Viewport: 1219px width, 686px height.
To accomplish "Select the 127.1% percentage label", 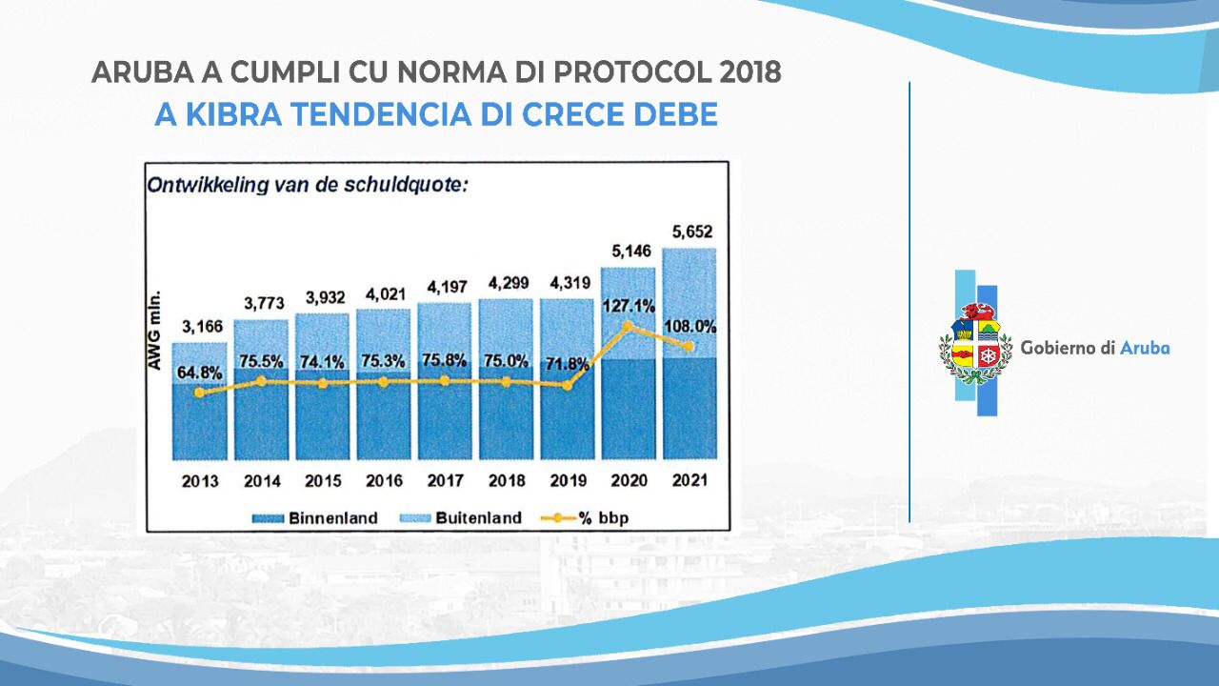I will coord(629,306).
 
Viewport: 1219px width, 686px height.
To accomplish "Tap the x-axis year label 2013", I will coord(200,481).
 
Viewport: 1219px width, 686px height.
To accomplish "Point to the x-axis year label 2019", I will coord(567,481).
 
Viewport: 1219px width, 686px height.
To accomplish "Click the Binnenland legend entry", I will coord(313,518).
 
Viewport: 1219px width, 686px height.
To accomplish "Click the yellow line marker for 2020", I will coord(627,326).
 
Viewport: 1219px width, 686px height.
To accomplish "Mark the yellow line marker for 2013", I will coord(199,392).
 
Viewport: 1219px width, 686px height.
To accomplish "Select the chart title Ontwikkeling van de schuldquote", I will coord(307,185).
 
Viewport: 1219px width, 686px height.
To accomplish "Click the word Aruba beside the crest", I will coord(1145,348).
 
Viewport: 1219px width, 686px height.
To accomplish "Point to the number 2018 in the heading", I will coord(750,73).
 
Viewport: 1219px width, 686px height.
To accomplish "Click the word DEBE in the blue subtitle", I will coord(672,115).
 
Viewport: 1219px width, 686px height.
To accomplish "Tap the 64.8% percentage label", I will coord(198,370).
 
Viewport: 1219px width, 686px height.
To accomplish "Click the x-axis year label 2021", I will coord(689,481).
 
